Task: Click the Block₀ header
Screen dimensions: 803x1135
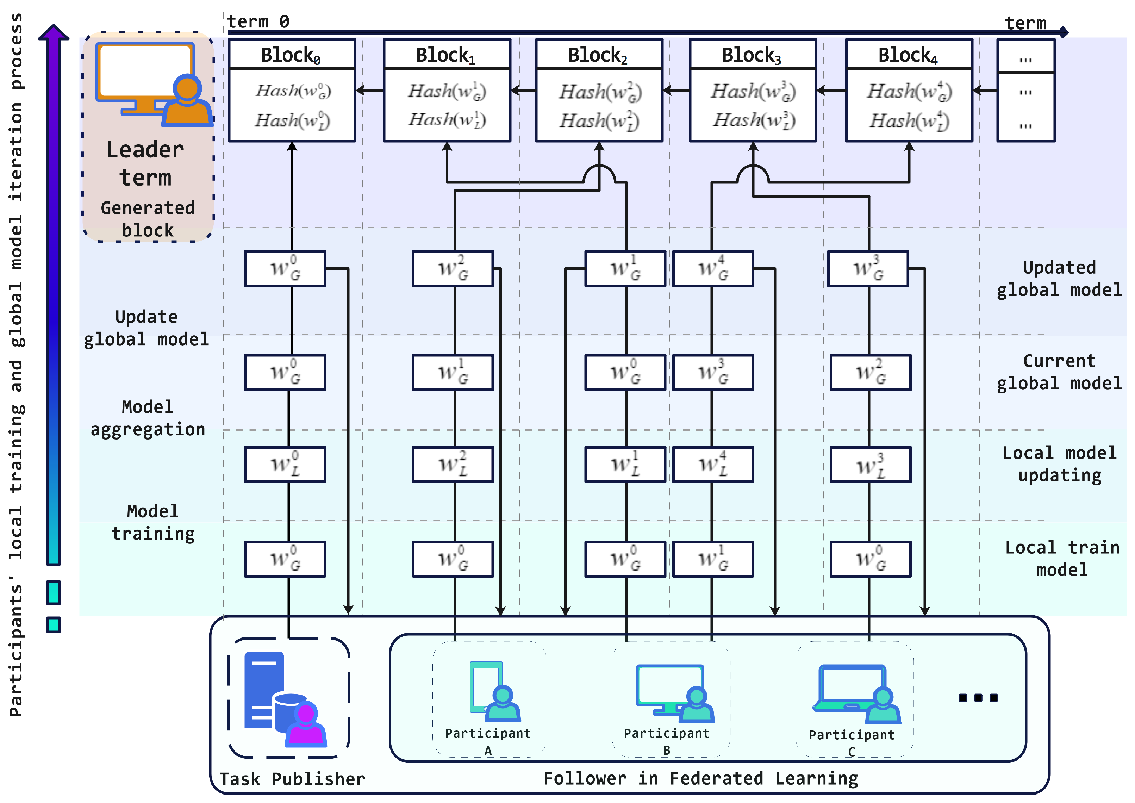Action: [292, 54]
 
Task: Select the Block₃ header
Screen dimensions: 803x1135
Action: [753, 54]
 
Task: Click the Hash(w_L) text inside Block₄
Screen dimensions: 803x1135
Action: [909, 121]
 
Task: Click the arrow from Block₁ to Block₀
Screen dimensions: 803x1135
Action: [370, 91]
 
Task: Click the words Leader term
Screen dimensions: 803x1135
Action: [145, 163]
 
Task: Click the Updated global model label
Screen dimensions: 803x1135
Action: [1059, 278]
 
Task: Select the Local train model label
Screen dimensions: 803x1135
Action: [1062, 558]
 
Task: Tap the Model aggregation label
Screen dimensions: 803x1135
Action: [147, 418]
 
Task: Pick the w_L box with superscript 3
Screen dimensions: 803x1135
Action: [870, 465]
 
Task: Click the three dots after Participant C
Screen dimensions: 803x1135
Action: [978, 698]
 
